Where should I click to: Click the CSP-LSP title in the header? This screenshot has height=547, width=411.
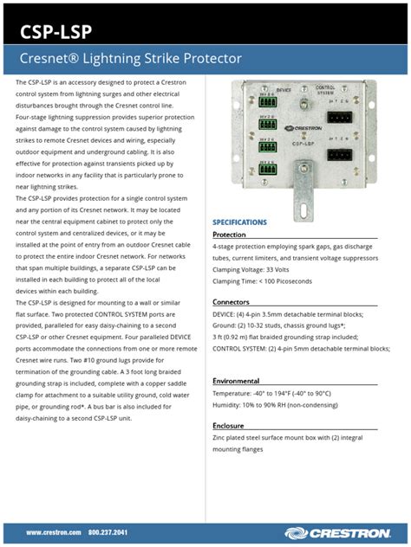[57, 33]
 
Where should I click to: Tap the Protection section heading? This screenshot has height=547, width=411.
[230, 235]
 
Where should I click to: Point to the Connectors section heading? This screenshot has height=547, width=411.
[232, 302]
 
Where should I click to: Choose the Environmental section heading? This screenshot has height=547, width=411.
[237, 381]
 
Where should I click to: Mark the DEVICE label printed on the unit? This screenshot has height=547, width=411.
[283, 88]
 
